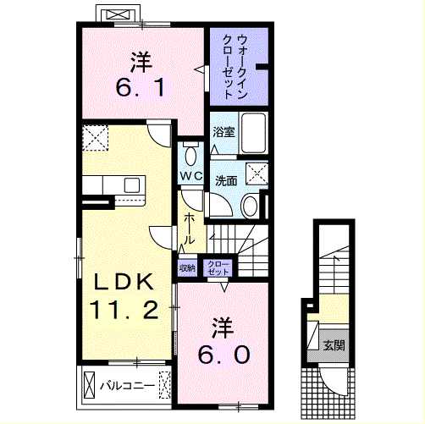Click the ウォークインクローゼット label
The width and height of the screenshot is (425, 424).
coord(235,66)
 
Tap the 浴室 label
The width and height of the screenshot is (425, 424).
coord(224,132)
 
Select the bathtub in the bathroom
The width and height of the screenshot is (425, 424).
coord(253,133)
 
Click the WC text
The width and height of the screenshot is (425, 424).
coord(191,176)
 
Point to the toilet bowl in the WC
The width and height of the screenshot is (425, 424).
coord(191,155)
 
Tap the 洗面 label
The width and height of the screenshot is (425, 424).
coord(226,180)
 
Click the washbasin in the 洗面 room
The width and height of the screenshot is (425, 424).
coord(250,205)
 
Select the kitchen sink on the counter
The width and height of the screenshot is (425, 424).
coord(132,185)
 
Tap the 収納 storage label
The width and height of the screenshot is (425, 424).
coord(187,267)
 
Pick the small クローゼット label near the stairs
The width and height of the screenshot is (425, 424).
coord(218,268)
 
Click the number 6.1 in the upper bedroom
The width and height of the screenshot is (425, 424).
coord(140,87)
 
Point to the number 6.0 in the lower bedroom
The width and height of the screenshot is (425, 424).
coord(224,355)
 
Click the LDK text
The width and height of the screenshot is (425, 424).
coord(124,282)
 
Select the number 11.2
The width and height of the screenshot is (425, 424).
coord(124,310)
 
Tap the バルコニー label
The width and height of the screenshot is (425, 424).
coord(128,385)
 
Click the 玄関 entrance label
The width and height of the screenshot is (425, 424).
coord(334,345)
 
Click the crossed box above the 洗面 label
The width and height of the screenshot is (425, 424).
coord(257,173)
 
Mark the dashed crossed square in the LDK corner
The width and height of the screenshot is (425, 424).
coord(96,138)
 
